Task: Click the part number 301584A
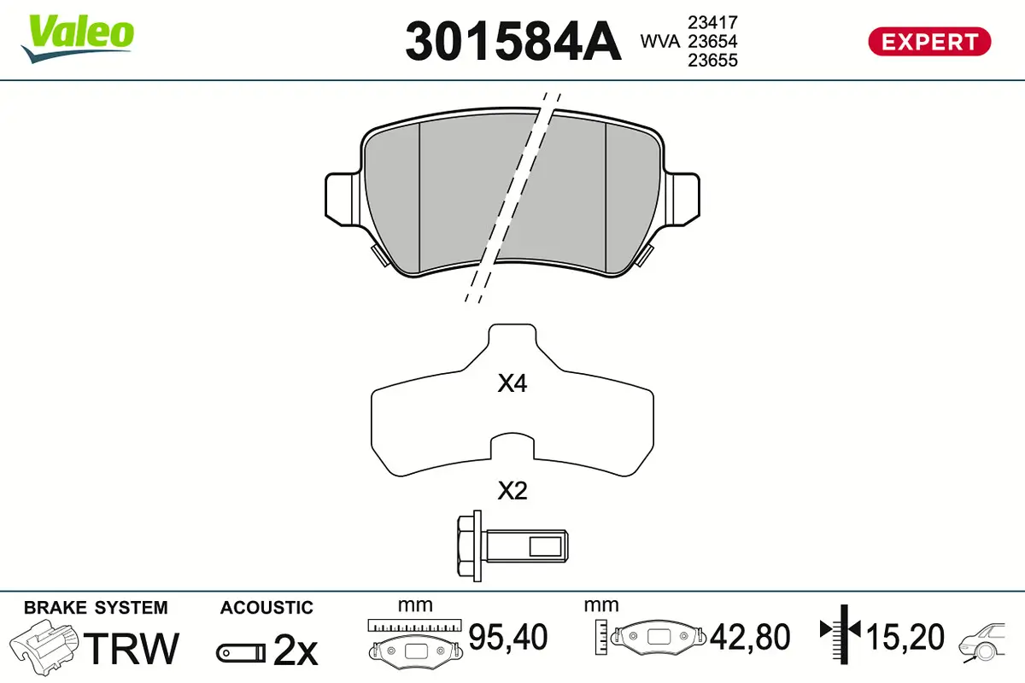(512, 41)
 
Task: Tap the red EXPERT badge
(929, 41)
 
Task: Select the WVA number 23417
(712, 23)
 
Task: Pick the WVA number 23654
(712, 42)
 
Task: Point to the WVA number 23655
(712, 61)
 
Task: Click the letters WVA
(659, 42)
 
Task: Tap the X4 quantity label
(512, 384)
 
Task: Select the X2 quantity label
(512, 491)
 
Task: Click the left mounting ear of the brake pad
(343, 200)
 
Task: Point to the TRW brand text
(134, 648)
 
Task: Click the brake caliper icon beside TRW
(44, 646)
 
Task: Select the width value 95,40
(508, 637)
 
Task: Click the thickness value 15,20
(905, 637)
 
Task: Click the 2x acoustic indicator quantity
(296, 651)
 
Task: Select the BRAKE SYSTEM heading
(96, 608)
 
